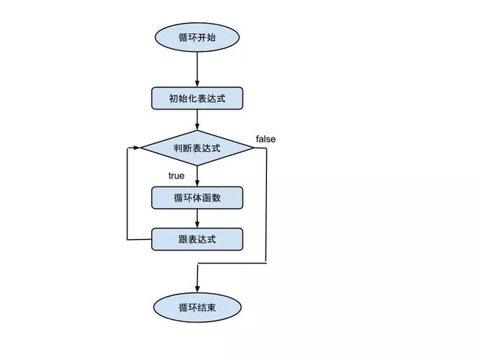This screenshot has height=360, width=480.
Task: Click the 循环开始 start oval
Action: (196, 37)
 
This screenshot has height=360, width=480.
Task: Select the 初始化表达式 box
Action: (196, 98)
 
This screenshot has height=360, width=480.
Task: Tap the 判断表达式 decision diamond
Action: (196, 148)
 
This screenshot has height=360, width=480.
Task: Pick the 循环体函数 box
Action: (196, 197)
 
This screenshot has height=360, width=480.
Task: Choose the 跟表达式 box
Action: (196, 239)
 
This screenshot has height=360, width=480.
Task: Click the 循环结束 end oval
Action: (196, 307)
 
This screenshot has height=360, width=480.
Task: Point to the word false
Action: (266, 138)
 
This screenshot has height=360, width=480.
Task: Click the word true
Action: (176, 176)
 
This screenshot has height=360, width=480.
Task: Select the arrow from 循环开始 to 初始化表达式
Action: (196, 69)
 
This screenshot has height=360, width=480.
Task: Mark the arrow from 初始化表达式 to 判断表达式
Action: (196, 120)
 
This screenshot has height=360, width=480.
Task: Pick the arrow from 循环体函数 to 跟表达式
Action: (196, 218)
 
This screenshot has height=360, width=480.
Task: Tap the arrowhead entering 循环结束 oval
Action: (196, 287)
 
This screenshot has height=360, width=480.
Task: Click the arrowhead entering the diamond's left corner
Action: (136, 148)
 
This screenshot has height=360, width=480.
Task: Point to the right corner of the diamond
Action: (253, 148)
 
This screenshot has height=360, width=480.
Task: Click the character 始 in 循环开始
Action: (211, 37)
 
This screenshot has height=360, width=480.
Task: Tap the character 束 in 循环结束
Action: (211, 307)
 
